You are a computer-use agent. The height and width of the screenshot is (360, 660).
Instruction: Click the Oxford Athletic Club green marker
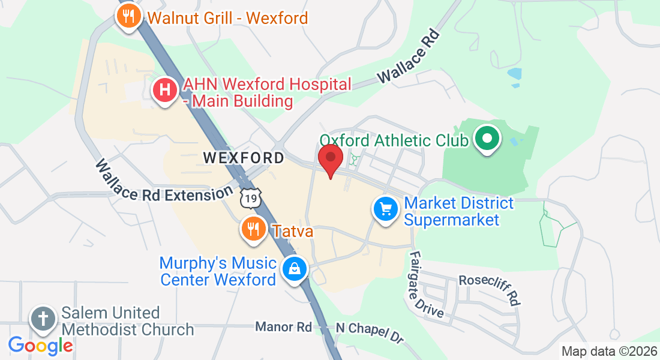pyautogui.click(x=487, y=139)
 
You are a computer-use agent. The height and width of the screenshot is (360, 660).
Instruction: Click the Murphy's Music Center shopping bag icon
pyautogui.click(x=295, y=268)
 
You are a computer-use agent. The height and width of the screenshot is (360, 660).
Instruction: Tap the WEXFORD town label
pyautogui.click(x=244, y=158)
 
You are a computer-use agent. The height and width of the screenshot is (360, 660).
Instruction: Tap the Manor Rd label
pyautogui.click(x=283, y=327)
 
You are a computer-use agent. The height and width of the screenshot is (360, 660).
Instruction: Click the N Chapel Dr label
pyautogui.click(x=370, y=332)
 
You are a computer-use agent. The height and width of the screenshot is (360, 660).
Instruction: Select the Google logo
pyautogui.click(x=40, y=345)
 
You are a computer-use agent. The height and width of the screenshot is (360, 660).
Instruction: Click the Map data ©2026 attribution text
pyautogui.click(x=608, y=352)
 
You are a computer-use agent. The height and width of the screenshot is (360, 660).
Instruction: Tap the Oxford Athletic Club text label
pyautogui.click(x=394, y=140)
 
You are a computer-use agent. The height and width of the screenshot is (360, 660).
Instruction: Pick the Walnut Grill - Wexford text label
pyautogui.click(x=228, y=17)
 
